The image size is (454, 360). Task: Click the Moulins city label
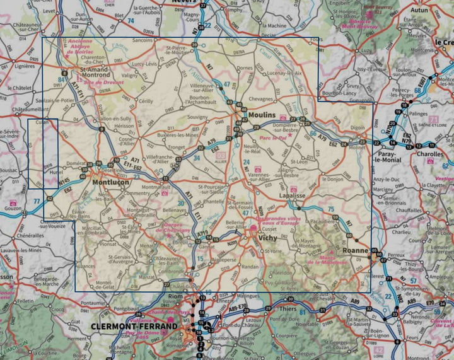point(262,115)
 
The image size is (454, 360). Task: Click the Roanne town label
point(356,250)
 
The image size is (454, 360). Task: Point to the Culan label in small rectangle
point(42,123)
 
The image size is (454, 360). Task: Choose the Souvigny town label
point(197,117)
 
